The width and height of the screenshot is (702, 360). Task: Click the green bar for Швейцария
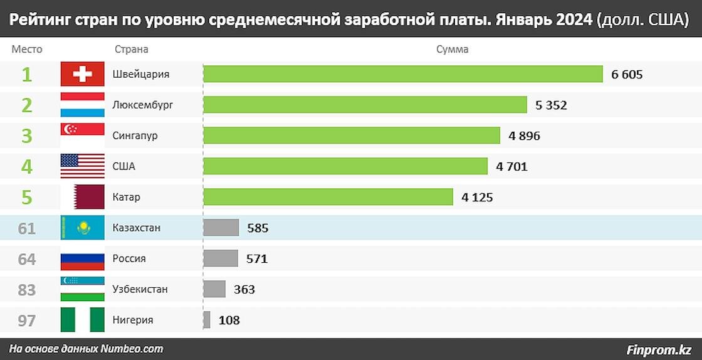click(402, 75)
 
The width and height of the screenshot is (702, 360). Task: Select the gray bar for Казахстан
click(221, 228)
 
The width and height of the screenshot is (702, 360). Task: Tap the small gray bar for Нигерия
click(207, 320)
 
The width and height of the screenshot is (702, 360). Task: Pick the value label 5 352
click(551, 105)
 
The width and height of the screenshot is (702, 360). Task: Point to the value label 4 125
click(477, 197)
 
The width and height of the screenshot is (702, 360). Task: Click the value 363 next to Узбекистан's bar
click(244, 289)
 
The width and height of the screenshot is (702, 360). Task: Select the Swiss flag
click(82, 75)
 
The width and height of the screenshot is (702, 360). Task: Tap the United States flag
click(82, 166)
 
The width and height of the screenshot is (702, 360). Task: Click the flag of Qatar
click(82, 197)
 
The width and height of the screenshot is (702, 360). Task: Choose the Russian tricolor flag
click(82, 258)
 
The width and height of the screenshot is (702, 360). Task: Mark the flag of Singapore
click(82, 135)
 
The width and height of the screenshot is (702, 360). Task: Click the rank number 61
click(27, 228)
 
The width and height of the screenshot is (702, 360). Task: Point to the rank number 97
click(27, 320)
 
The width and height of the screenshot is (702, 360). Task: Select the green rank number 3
click(27, 136)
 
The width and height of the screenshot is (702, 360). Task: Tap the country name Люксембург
click(143, 105)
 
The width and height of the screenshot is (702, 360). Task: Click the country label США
click(123, 166)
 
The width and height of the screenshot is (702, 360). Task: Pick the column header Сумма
click(452, 50)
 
